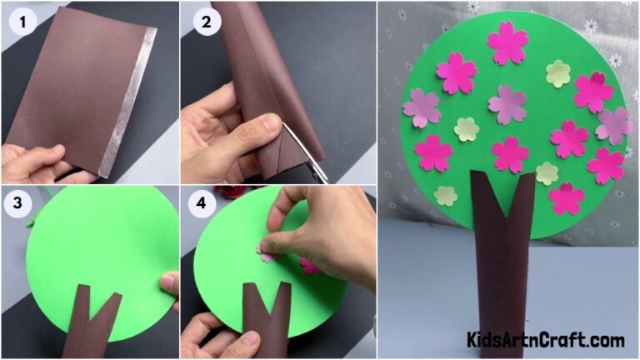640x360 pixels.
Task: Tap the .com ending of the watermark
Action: point(605,340)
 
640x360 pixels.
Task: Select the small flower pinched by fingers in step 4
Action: point(267,253)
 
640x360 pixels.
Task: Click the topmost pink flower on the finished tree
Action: point(507,42)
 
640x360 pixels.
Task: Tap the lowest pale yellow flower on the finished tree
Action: point(446,196)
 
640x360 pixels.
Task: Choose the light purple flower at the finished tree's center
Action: point(507,103)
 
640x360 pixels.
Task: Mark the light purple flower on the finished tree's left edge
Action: point(422,108)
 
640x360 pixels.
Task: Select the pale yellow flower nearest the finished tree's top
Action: point(557,73)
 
